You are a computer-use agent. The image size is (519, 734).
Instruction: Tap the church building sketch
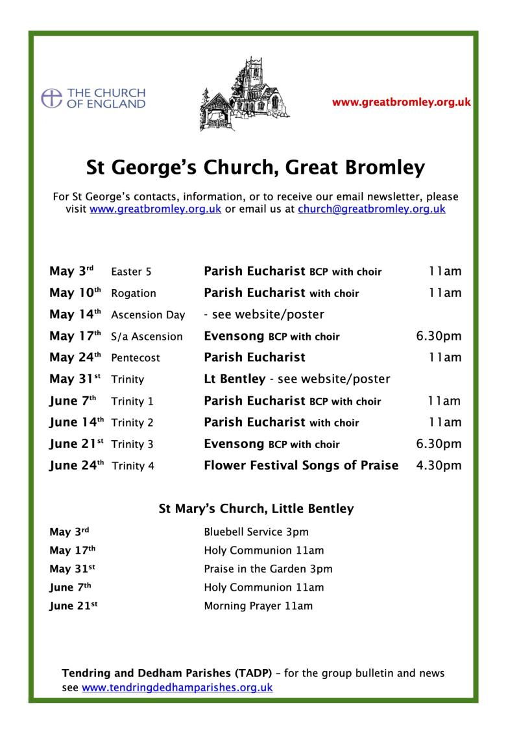click(245, 94)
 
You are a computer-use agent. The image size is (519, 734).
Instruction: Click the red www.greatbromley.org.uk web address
click(401, 102)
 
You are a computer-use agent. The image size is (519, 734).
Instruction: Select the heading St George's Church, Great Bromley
click(256, 168)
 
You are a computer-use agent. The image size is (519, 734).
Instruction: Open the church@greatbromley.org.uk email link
click(371, 209)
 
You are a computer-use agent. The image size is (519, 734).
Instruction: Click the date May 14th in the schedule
click(75, 314)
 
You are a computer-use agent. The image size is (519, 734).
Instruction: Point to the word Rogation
click(134, 293)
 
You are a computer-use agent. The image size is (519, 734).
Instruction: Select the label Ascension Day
click(148, 315)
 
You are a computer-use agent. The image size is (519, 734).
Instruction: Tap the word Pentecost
click(136, 358)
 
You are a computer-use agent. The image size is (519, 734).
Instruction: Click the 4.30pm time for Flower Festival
click(439, 466)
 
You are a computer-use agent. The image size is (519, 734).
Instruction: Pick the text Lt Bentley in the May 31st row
click(234, 379)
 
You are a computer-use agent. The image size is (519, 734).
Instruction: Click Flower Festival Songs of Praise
click(301, 466)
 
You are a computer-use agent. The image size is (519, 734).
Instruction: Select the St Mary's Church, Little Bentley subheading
click(256, 508)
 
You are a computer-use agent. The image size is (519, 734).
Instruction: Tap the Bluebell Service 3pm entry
click(256, 532)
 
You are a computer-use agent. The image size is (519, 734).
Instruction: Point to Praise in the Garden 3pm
click(268, 569)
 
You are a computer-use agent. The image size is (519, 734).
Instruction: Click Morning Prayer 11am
click(258, 606)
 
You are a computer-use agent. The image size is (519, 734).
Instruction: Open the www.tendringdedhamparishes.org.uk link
click(177, 687)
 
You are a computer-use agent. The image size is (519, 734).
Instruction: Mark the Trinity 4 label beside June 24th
click(133, 466)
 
